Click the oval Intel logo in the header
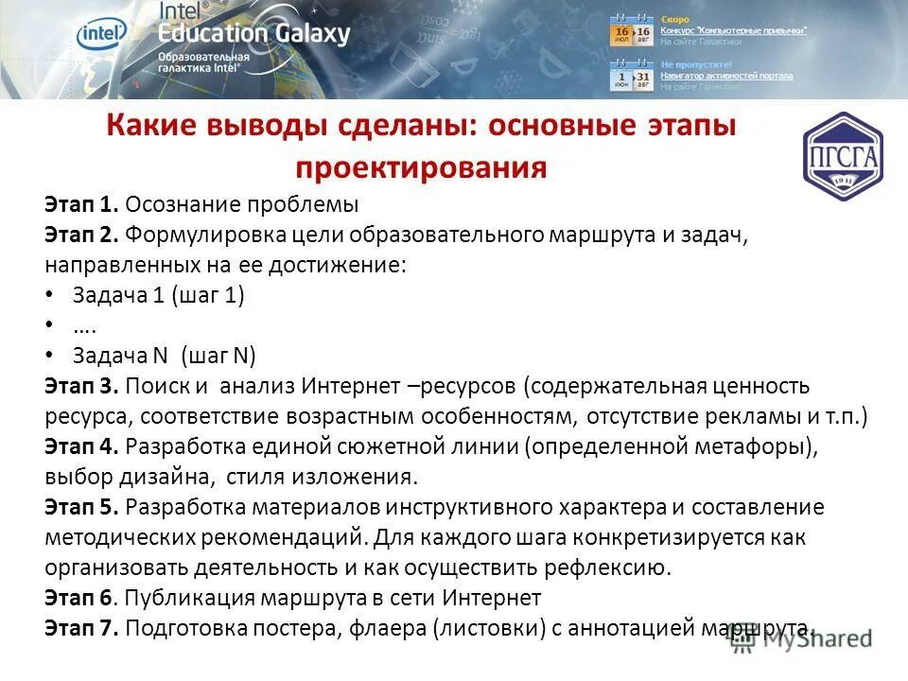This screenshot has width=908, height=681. click(x=101, y=35)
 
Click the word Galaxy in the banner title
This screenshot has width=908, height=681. click(x=304, y=34)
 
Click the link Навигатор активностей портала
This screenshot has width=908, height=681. click(x=726, y=76)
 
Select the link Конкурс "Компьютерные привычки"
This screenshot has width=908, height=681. click(x=733, y=30)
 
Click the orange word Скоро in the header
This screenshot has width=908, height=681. click(x=674, y=19)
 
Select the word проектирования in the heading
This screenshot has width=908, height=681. click(x=421, y=167)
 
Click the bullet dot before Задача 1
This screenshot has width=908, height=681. click(x=49, y=295)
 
